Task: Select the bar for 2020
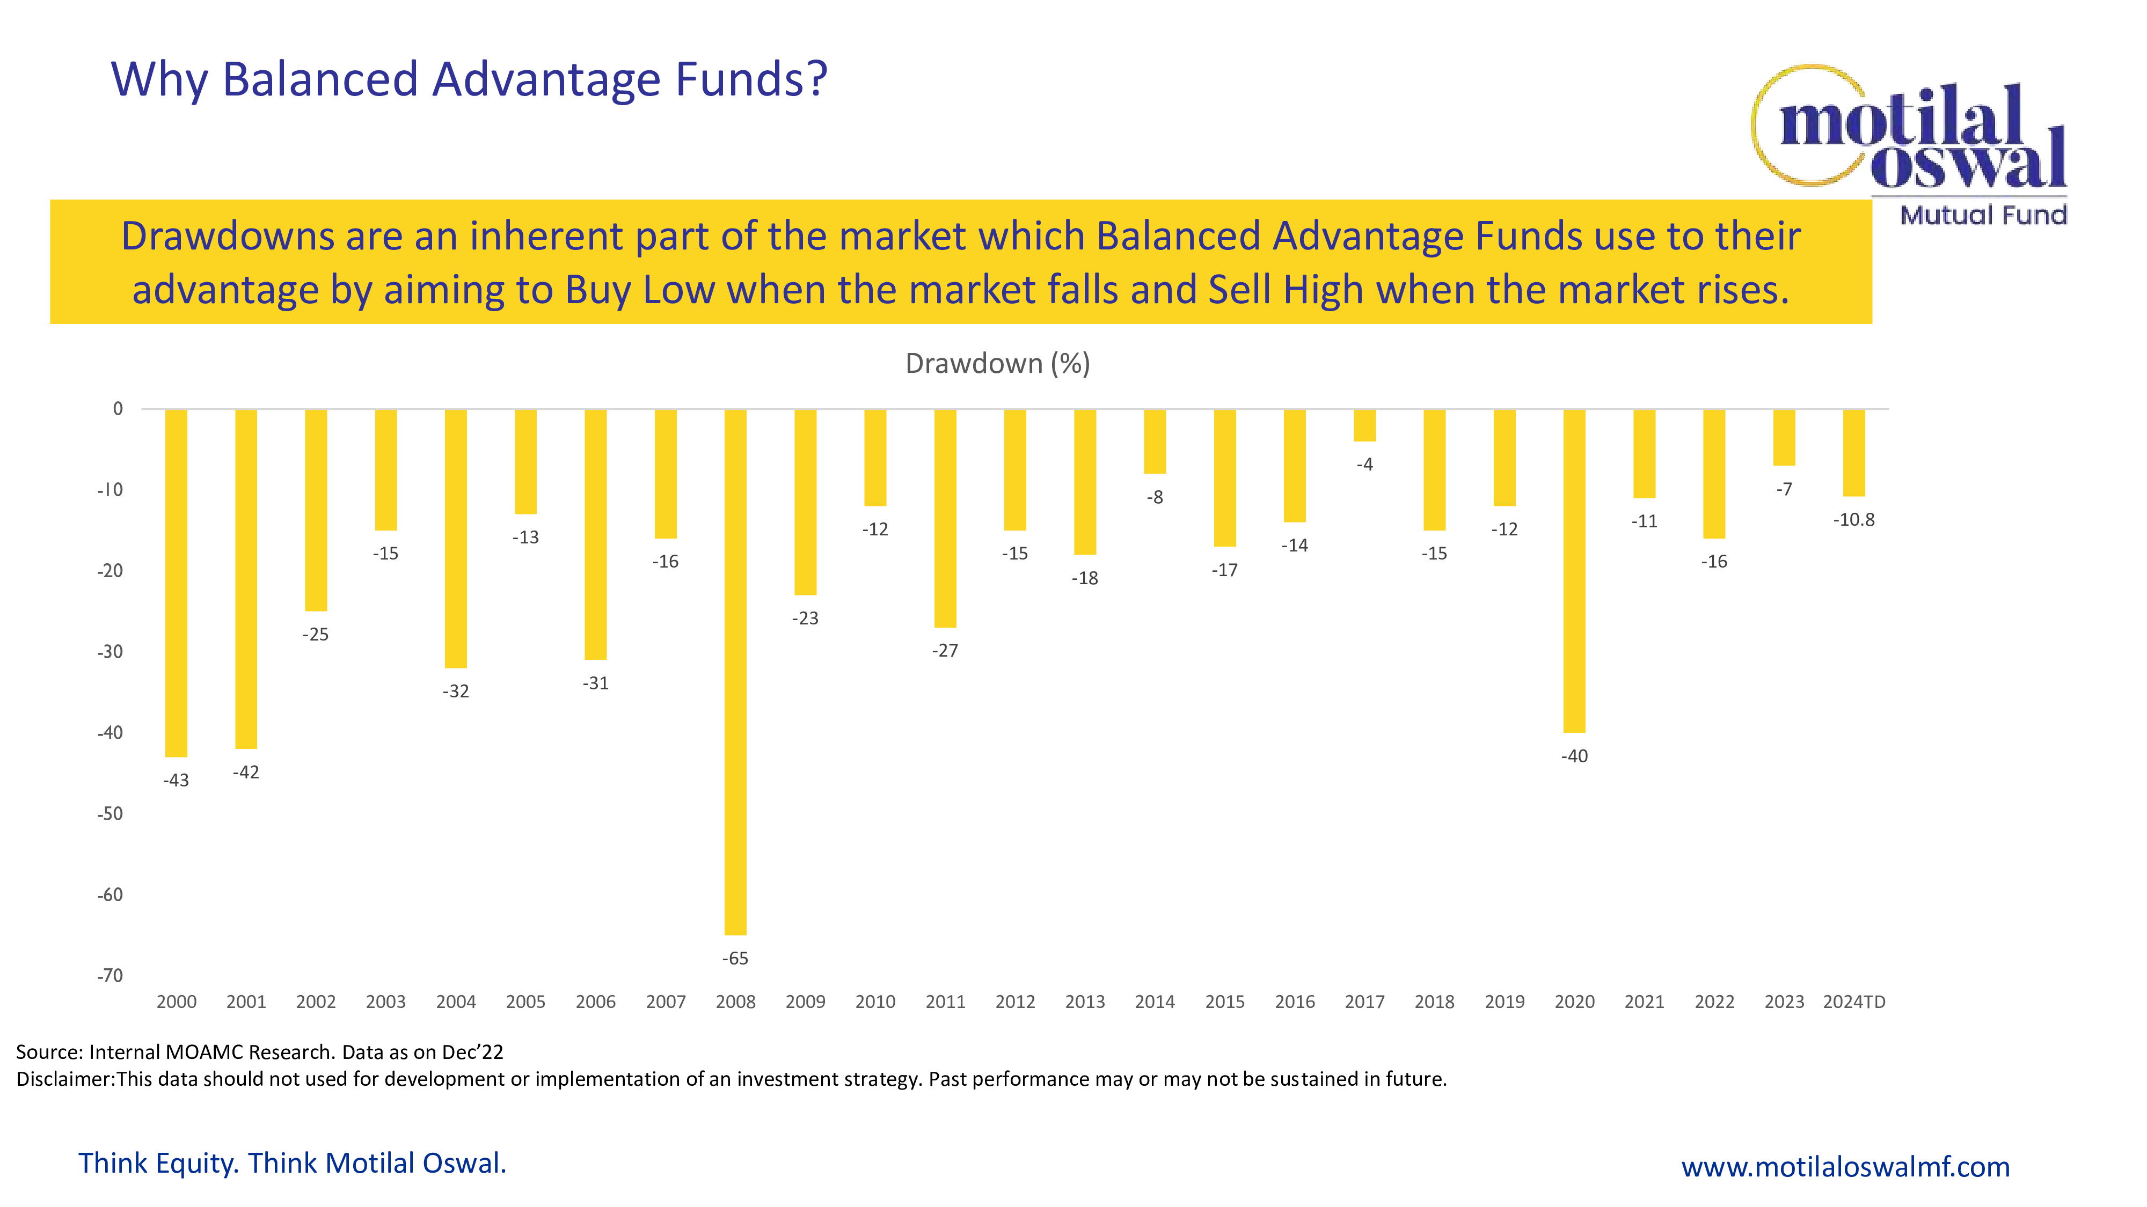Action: (x=1574, y=571)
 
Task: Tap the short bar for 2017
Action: (x=1364, y=425)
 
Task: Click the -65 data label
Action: (x=735, y=959)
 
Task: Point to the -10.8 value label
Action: (x=1853, y=520)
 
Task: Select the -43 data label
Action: (x=176, y=781)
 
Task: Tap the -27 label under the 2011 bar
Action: (x=945, y=651)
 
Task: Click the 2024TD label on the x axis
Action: (x=1853, y=1002)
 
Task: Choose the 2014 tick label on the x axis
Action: (x=1155, y=1002)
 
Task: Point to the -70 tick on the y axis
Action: (x=110, y=975)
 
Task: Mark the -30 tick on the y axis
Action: (x=110, y=651)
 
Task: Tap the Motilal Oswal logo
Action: (x=1909, y=129)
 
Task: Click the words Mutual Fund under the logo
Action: (x=1983, y=215)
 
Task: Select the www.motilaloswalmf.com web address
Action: (x=1845, y=1166)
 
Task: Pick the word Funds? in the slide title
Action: (x=751, y=80)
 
